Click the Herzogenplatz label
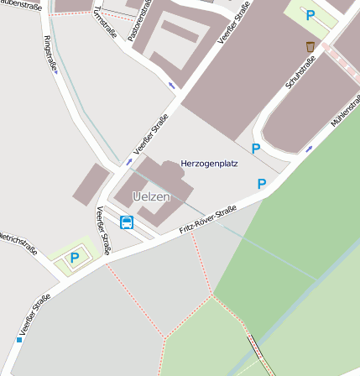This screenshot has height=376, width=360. point(209,163)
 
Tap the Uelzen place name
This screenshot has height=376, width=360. point(151,196)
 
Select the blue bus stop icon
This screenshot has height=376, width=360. point(127,222)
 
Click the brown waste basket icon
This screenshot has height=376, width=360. point(310,46)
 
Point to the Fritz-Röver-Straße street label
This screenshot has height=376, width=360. point(208,220)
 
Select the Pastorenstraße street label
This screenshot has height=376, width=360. point(138,21)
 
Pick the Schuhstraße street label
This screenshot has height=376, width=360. point(300,75)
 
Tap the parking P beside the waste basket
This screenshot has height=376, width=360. point(310,15)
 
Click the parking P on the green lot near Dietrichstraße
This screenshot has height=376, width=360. point(75,258)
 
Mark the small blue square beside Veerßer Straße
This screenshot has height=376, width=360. point(18,340)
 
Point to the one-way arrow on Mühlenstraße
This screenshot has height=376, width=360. point(309,149)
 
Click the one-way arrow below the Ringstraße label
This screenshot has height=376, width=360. point(55,72)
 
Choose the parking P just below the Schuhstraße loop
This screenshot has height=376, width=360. point(256,148)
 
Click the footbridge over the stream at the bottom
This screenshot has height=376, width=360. point(261,354)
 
